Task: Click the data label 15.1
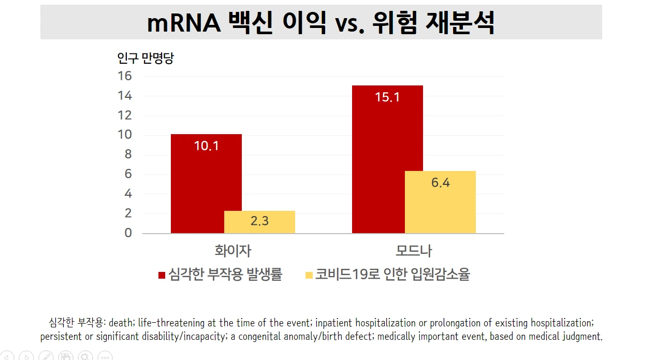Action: pyautogui.click(x=387, y=97)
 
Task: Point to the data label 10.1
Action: pyautogui.click(x=206, y=146)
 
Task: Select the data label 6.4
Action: pyautogui.click(x=440, y=183)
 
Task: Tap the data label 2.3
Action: pyautogui.click(x=259, y=221)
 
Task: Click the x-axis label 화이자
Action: pyautogui.click(x=233, y=251)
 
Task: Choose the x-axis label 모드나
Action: pyautogui.click(x=414, y=251)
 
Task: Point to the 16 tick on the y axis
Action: pyautogui.click(x=125, y=76)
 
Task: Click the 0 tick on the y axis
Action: pyautogui.click(x=128, y=233)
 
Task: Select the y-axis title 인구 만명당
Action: pyautogui.click(x=145, y=58)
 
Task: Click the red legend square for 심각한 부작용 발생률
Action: pyautogui.click(x=162, y=275)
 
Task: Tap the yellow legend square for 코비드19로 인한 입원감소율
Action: pyautogui.click(x=309, y=275)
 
